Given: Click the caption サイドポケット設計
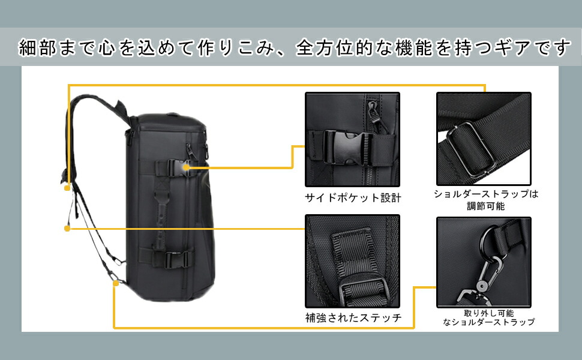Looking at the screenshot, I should pyautogui.click(x=353, y=197).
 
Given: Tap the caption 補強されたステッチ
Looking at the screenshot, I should pyautogui.click(x=353, y=318).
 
